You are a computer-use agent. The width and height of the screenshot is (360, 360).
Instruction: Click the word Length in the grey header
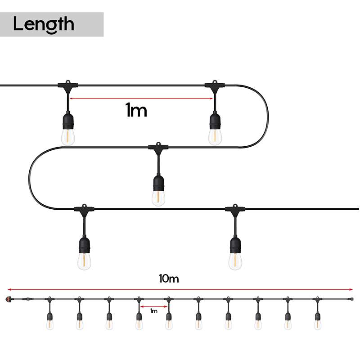click(x=43, y=24)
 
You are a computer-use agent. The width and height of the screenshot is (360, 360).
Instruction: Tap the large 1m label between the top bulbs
click(x=136, y=110)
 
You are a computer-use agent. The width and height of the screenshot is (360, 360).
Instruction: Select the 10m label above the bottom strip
click(x=169, y=279)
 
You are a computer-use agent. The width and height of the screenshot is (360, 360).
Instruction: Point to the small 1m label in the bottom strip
click(x=153, y=310)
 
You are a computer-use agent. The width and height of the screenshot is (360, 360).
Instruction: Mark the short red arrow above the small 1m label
click(x=153, y=306)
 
